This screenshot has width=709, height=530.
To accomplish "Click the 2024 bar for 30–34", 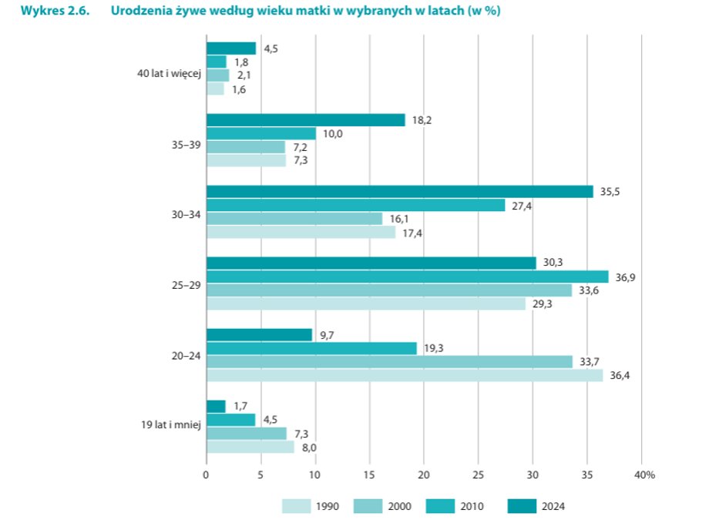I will coord(399,192).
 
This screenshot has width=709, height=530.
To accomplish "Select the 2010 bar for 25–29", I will coord(407,277).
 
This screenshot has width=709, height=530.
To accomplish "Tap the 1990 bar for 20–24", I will coord(404,375).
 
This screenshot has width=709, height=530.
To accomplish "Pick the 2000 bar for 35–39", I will coord(245,147).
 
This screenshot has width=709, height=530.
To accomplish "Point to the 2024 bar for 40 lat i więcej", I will coord(230,49).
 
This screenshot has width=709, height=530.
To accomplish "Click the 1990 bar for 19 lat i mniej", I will coord(250,447).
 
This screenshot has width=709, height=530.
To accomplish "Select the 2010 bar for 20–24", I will coord(311,348).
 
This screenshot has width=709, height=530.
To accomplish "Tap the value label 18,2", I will coord(420,120).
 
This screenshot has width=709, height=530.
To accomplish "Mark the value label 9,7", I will coord(328,334).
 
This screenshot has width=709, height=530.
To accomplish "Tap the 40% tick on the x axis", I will coord(645,475).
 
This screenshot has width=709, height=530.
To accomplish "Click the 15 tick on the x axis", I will coord(369,475).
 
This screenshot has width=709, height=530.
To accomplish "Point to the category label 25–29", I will coord(187,283).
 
